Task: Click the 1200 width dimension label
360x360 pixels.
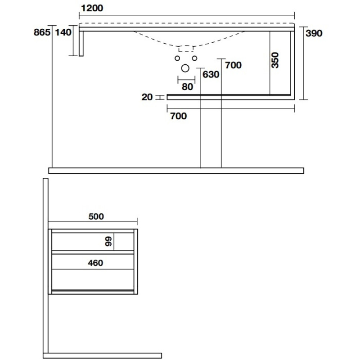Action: [x=92, y=8]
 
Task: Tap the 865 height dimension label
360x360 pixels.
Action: [x=42, y=32]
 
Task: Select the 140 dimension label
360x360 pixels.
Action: [x=63, y=32]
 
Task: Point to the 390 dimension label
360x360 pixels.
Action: [x=314, y=33]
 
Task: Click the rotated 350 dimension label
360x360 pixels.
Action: [x=275, y=60]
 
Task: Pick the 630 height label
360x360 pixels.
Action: [x=211, y=74]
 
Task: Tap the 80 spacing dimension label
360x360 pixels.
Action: [x=187, y=87]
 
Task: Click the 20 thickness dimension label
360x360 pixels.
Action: [x=147, y=97]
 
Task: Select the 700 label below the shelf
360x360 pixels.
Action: [x=178, y=116]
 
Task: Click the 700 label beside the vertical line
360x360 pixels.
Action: [x=233, y=65]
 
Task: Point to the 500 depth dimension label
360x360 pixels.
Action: [x=96, y=216]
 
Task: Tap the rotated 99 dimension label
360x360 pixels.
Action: [x=108, y=241]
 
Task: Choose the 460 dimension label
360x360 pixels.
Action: [x=95, y=263]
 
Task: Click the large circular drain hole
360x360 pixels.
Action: [x=185, y=68]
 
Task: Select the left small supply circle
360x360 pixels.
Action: [x=177, y=58]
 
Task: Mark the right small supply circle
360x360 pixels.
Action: [x=194, y=58]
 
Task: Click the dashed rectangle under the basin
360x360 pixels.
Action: [x=186, y=49]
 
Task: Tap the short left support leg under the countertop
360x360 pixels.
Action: [x=81, y=43]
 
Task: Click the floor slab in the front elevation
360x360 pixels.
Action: [x=176, y=171]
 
